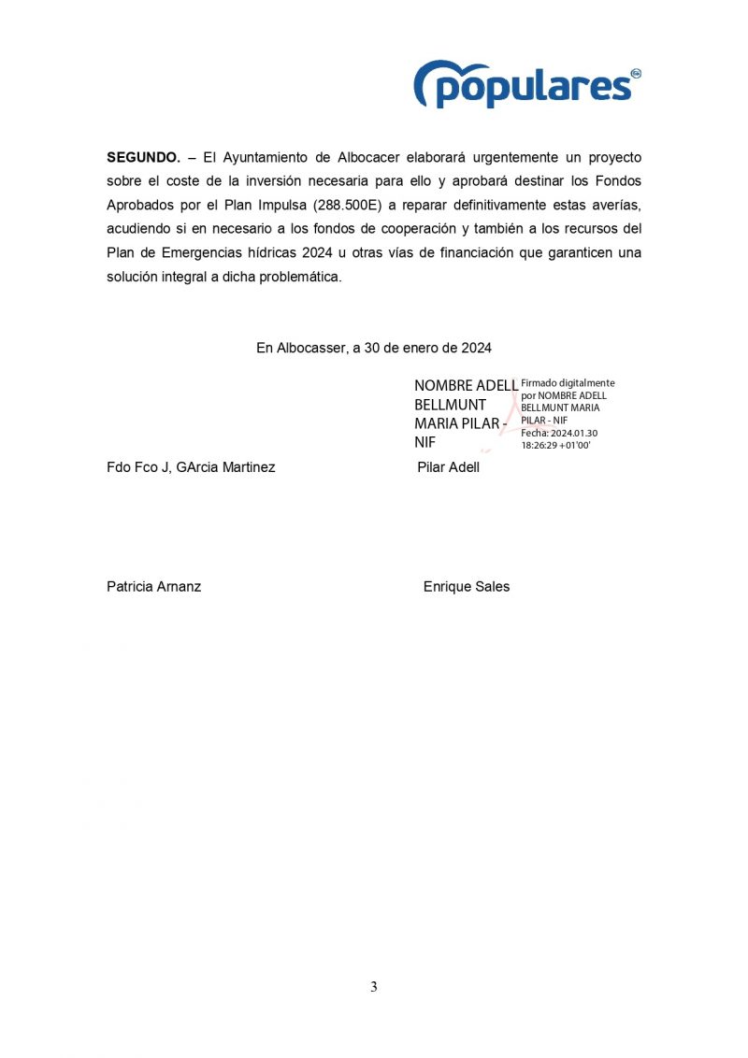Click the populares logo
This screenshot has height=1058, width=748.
[526, 84]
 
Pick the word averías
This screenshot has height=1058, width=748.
[617, 205]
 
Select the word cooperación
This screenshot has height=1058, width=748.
[414, 229]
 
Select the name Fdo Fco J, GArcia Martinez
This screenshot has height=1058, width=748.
[191, 467]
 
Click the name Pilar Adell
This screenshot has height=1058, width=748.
[448, 467]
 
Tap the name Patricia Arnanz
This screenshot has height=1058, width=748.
[153, 587]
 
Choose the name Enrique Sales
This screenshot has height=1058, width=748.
[466, 587]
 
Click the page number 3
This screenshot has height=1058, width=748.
[373, 987]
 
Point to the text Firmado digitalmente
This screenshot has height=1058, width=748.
[568, 383]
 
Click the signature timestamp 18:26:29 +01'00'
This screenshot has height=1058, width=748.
[555, 445]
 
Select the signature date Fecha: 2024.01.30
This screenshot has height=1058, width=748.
[559, 433]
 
